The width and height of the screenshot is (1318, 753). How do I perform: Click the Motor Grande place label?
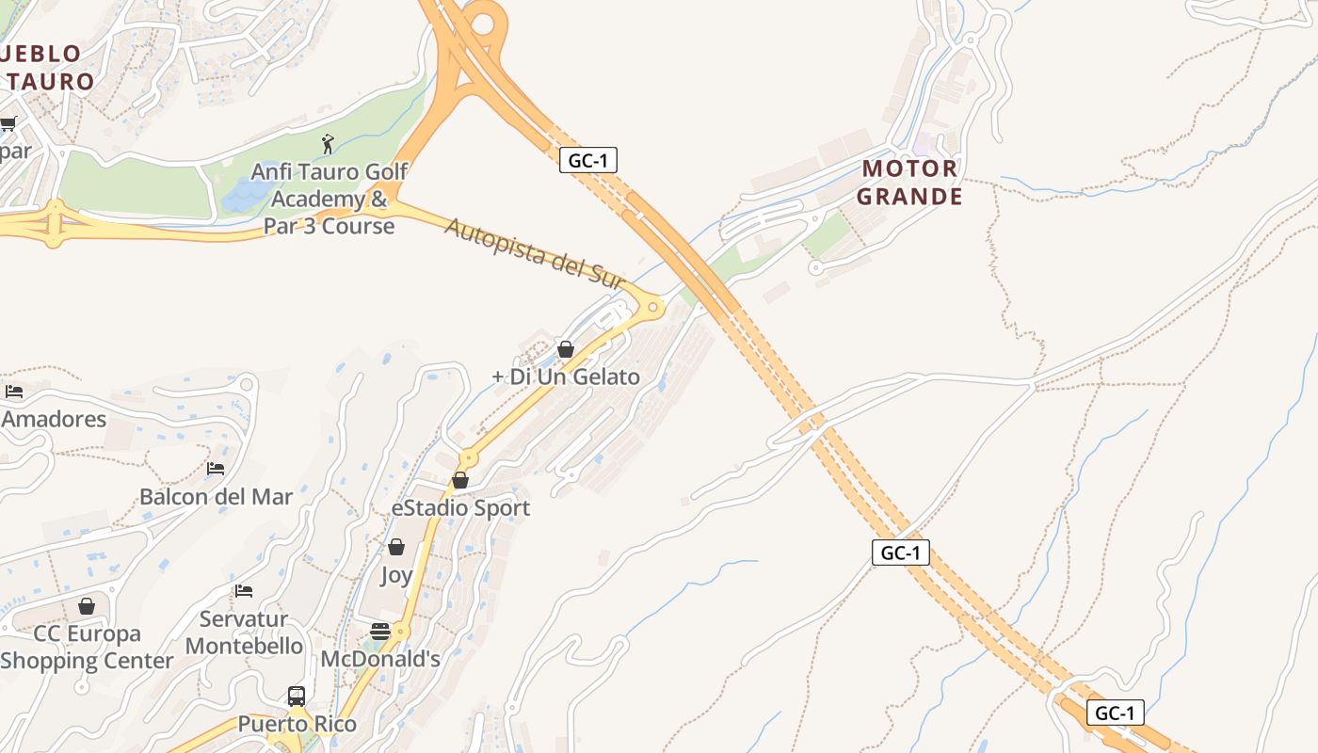coord(909,183)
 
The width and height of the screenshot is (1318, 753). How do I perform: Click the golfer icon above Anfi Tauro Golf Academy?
coord(328,144)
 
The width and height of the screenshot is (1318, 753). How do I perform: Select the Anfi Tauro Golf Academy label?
coord(329,199)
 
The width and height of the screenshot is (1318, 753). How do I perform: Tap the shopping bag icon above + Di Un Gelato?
coord(566,349)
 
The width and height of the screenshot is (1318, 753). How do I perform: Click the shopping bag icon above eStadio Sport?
coord(460,480)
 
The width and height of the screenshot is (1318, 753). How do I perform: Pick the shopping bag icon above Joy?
coord(396,547)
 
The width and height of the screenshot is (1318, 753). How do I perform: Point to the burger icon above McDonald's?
coord(380,631)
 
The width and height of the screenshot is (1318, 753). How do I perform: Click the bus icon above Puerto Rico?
coord(297,697)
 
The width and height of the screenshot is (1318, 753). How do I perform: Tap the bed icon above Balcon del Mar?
coord(216,468)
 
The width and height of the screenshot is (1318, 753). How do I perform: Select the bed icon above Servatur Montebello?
coord(244,591)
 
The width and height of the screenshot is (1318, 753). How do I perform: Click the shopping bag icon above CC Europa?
coord(87,606)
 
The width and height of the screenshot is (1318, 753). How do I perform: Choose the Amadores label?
coord(54,419)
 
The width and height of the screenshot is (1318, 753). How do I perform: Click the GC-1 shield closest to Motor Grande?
coord(588,160)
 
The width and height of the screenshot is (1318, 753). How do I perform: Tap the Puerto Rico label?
coord(297,724)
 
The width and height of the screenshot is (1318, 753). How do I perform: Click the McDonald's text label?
coord(380,659)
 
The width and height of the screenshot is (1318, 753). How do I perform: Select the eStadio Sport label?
coord(460,508)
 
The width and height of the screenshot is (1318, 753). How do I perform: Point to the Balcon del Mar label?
coord(216,496)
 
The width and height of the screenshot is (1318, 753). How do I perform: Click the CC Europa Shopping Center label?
coord(87,647)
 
